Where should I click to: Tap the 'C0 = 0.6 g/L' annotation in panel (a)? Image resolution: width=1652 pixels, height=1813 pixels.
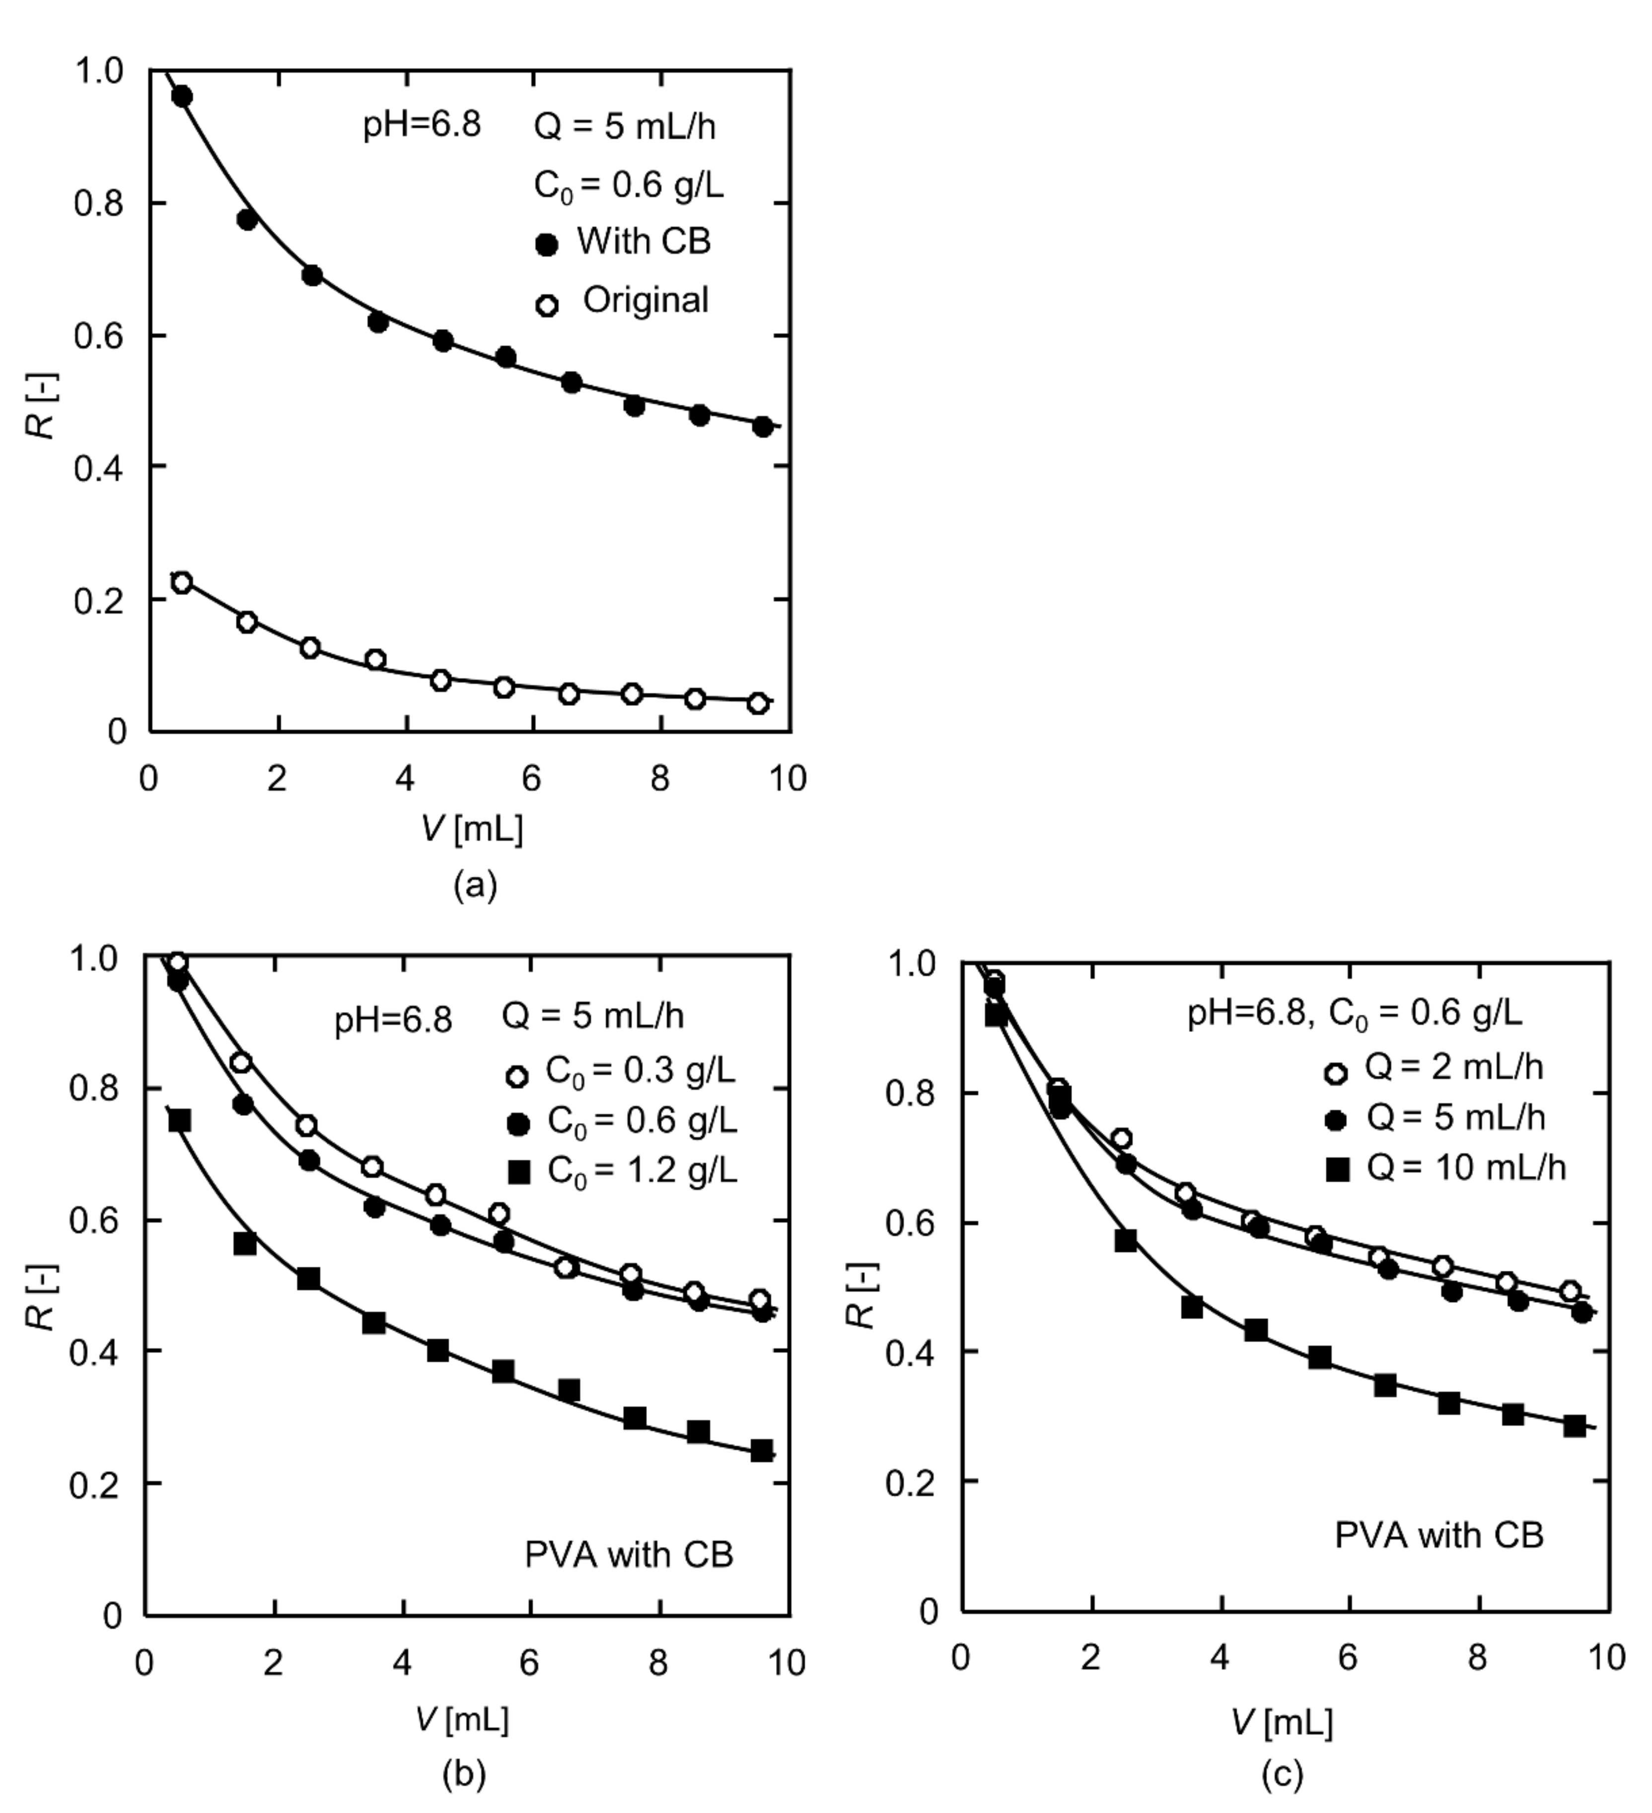pos(628,186)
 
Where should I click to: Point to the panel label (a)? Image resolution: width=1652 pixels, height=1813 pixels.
pos(475,886)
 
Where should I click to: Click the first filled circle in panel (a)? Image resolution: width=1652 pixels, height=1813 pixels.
pos(182,96)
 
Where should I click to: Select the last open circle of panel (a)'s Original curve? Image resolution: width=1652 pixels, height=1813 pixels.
pos(759,703)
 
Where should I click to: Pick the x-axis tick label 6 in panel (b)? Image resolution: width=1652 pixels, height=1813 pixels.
pos(529,1663)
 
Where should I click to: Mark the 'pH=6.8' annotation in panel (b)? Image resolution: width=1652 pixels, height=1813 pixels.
pos(393,1021)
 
